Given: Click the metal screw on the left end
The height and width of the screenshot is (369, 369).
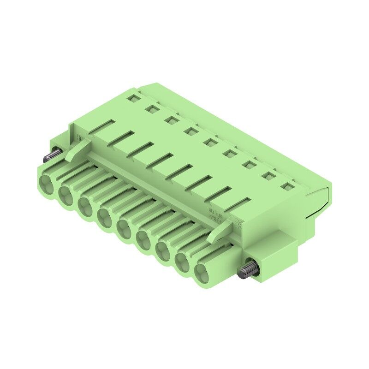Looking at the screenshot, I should (52, 155).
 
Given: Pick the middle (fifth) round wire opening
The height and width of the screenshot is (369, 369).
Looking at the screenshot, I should (125, 228).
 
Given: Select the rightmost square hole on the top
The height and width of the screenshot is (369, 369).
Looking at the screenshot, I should (288, 186).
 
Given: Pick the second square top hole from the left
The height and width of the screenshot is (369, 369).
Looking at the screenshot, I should (151, 109).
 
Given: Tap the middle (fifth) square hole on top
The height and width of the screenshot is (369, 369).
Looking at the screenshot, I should (210, 142).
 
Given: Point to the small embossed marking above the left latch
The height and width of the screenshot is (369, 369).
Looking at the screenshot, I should (79, 137).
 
